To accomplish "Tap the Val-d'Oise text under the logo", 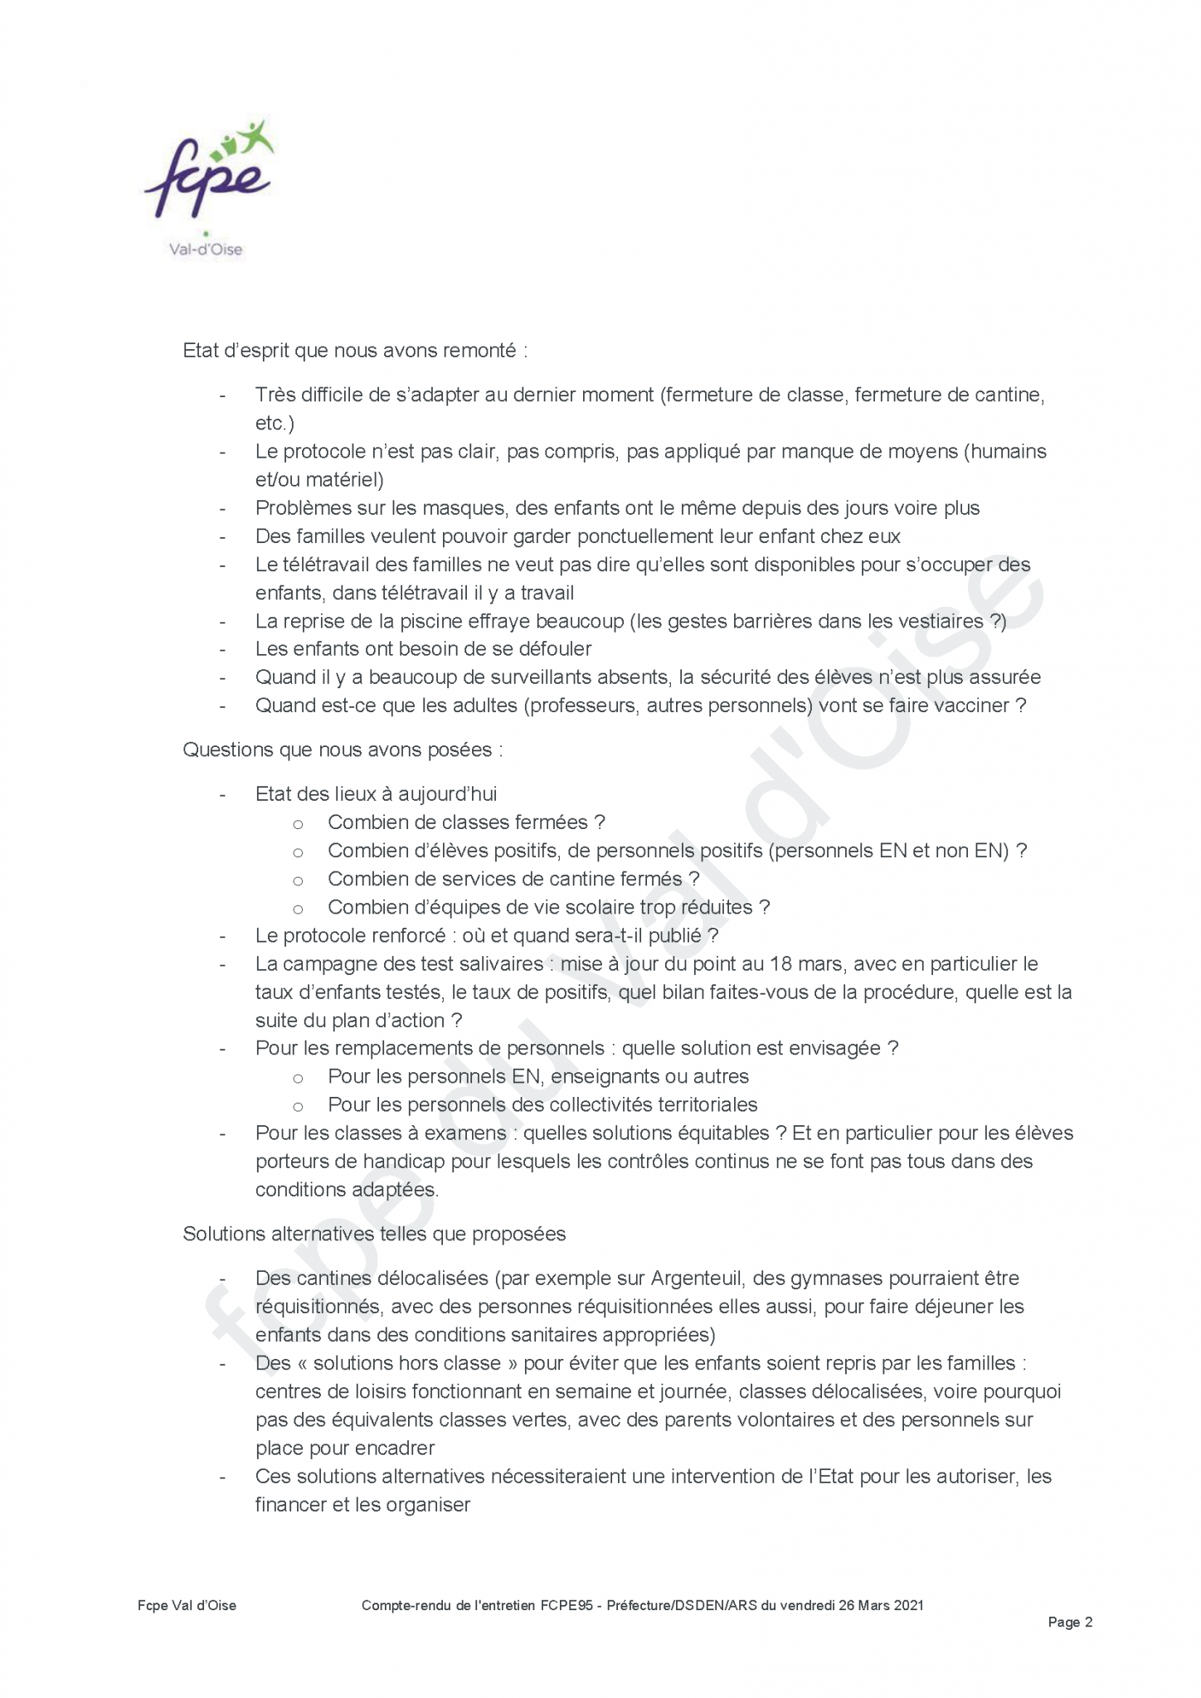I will point(206,249).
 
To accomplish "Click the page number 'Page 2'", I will point(1070,1622).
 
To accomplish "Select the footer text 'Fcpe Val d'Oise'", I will point(187,1605).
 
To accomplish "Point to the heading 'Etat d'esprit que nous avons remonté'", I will point(355,351).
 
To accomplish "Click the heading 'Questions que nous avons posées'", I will point(343,750).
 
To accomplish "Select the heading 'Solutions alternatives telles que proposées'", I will point(374,1234).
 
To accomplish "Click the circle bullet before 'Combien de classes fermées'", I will point(298,824).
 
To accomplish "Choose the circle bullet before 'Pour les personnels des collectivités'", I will point(298,1106).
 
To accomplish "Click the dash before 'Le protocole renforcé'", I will point(222,936).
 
